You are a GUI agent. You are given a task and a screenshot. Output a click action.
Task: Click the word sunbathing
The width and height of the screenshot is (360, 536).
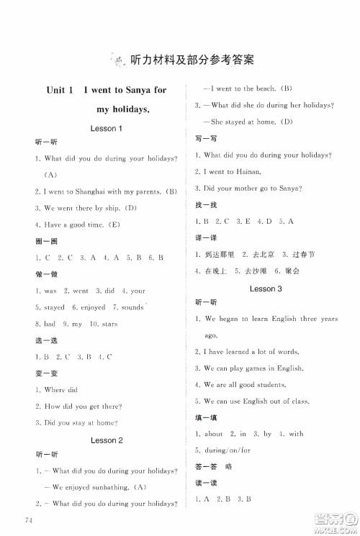tap(105, 488)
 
